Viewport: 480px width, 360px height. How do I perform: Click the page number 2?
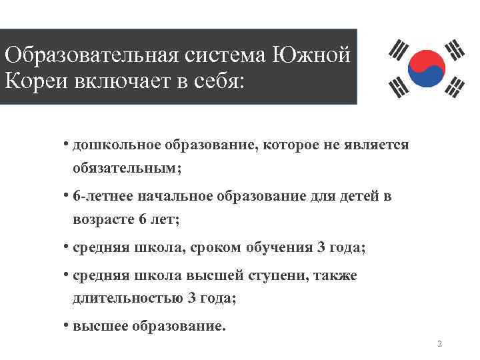[x=439, y=344]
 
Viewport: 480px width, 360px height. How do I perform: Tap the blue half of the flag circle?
[x=427, y=75]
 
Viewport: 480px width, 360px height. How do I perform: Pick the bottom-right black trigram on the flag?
[x=456, y=85]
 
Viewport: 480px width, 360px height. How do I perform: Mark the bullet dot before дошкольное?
[x=67, y=143]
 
